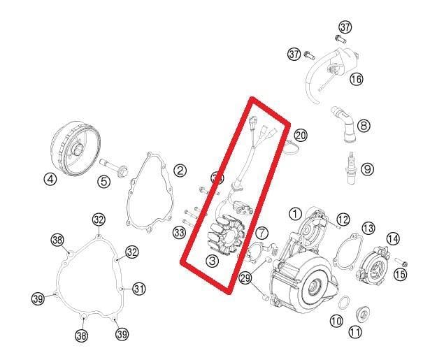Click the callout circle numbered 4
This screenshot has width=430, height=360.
point(50,179)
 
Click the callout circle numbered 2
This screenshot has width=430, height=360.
point(180,170)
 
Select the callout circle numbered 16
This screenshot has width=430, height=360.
point(357,80)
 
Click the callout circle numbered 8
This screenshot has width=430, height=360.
point(364,126)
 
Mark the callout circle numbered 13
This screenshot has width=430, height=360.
point(368,228)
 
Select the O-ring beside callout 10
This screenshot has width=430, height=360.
point(345,303)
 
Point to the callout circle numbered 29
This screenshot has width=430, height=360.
point(245,278)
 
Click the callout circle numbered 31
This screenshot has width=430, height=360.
point(139,288)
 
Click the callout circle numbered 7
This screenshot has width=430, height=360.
point(261,232)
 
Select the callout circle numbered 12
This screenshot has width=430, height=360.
point(342,221)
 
